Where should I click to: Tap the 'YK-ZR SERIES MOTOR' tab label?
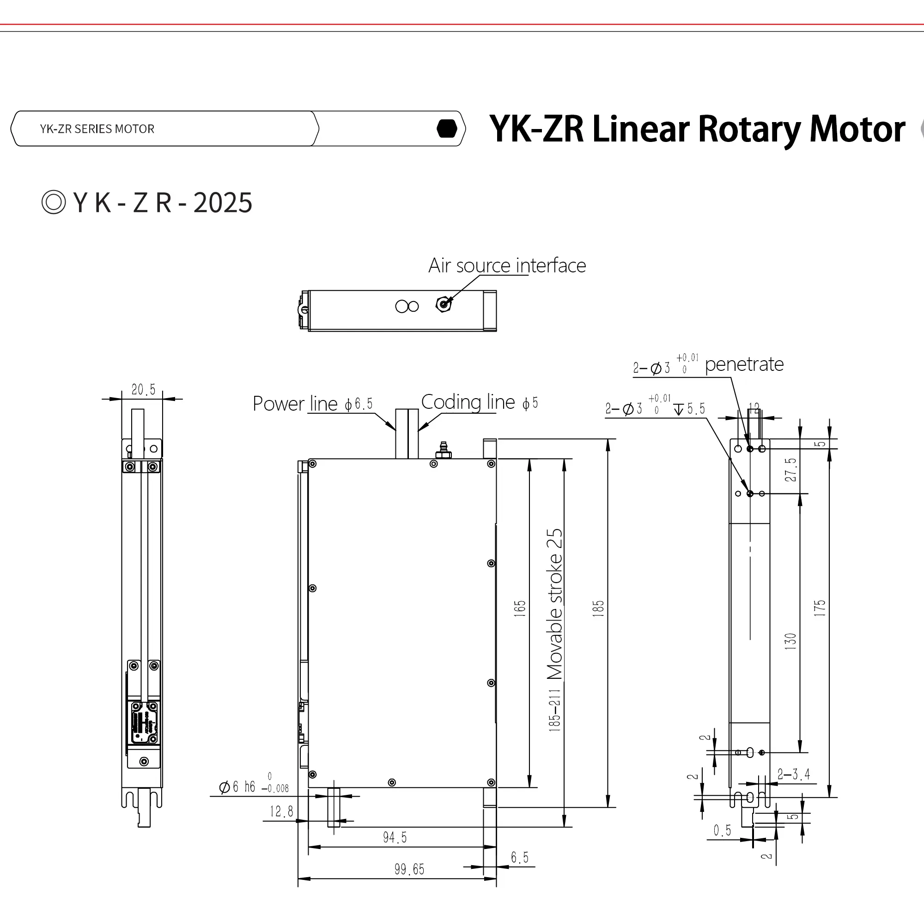point(97,129)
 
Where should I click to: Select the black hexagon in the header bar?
point(447,129)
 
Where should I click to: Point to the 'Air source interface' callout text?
point(507,266)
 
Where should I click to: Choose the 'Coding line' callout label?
point(468,402)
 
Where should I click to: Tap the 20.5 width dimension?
point(143,390)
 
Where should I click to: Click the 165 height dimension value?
point(520,609)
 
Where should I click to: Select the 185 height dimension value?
point(598,609)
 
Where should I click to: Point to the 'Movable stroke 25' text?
point(554,604)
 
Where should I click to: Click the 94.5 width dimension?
point(395,837)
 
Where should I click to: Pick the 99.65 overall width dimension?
point(409,869)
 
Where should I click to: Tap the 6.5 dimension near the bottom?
point(519,857)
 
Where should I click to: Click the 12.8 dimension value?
point(281,812)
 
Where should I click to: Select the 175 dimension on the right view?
point(820,608)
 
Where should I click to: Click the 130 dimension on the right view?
point(790,641)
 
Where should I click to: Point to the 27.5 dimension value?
point(790,469)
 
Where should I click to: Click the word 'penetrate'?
point(744,365)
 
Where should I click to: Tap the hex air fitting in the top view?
point(443,304)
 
